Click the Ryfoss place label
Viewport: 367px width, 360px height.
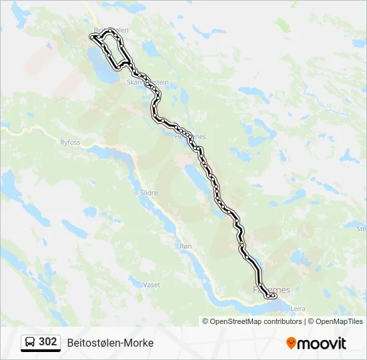click(69, 142)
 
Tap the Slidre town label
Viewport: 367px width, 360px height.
click(149, 193)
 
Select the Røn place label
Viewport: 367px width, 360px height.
click(186, 246)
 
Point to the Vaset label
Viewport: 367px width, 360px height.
click(151, 285)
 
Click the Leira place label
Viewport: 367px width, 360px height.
click(298, 309)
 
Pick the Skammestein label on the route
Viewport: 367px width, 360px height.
click(147, 82)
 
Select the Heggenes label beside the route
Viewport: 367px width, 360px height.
click(190, 137)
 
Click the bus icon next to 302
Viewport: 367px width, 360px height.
click(31, 343)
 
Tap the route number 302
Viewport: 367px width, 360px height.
click(48, 342)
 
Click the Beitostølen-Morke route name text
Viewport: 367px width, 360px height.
click(110, 343)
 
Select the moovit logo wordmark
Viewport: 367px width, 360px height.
click(322, 343)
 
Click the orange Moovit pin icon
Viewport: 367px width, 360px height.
click(291, 343)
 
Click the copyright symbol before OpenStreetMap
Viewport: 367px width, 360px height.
click(206, 321)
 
